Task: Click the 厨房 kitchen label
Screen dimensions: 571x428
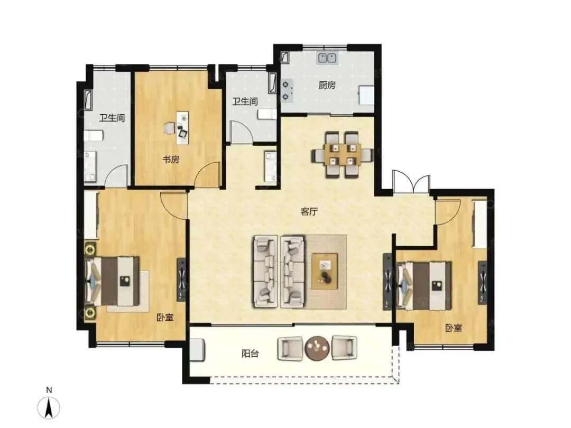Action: click(x=327, y=85)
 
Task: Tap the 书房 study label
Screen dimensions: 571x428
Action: click(x=171, y=160)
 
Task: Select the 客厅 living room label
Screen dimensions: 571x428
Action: click(x=309, y=211)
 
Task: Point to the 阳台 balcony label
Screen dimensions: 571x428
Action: click(x=250, y=353)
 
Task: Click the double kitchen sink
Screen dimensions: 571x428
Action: click(x=327, y=57)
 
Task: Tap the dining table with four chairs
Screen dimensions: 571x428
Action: click(x=342, y=155)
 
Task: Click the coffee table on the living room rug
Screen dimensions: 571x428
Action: click(x=325, y=271)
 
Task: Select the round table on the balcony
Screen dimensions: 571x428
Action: click(x=317, y=348)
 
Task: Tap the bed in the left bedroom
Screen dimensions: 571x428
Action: click(x=112, y=281)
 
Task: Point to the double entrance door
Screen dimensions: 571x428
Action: click(x=411, y=182)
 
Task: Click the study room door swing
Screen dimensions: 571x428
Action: click(x=207, y=175)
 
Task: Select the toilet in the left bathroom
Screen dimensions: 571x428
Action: click(x=94, y=136)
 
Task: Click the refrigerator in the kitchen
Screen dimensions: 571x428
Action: click(x=366, y=95)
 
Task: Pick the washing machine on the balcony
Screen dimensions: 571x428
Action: click(x=197, y=350)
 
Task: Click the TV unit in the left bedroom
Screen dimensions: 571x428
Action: click(x=181, y=280)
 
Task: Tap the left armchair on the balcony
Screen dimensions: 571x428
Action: click(x=290, y=348)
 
